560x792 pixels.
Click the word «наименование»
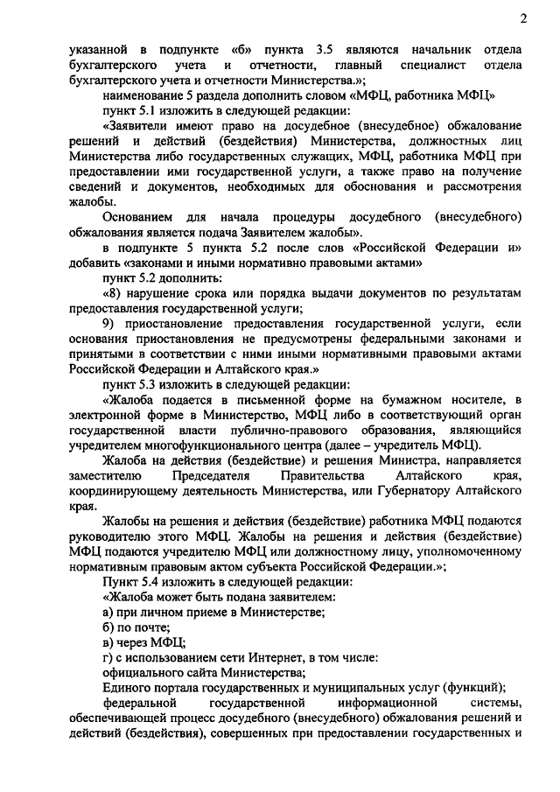tap(145, 95)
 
